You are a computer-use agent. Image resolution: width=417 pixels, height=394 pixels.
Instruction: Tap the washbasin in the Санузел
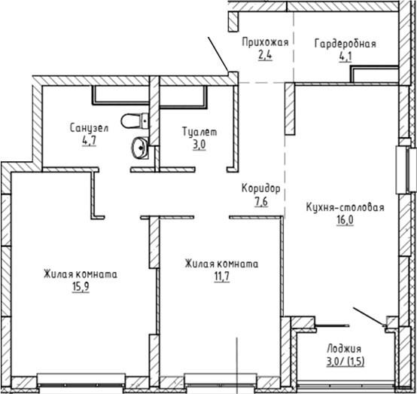pyautogui.click(x=139, y=148)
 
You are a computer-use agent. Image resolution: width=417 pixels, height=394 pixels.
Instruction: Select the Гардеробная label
pyautogui.click(x=345, y=43)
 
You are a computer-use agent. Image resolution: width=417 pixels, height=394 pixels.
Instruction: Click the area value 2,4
pyautogui.click(x=265, y=54)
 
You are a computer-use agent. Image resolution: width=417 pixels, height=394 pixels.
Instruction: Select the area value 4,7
pyautogui.click(x=87, y=139)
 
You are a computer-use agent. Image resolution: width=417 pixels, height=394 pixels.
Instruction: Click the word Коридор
pyautogui.click(x=261, y=188)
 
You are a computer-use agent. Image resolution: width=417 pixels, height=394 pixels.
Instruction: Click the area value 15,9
pyautogui.click(x=79, y=286)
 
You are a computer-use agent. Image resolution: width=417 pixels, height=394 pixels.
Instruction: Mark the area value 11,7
pyautogui.click(x=221, y=276)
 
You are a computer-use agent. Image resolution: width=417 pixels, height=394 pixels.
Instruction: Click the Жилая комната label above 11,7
pyautogui.click(x=221, y=264)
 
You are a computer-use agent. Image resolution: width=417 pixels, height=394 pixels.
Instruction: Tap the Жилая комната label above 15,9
pyautogui.click(x=79, y=274)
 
